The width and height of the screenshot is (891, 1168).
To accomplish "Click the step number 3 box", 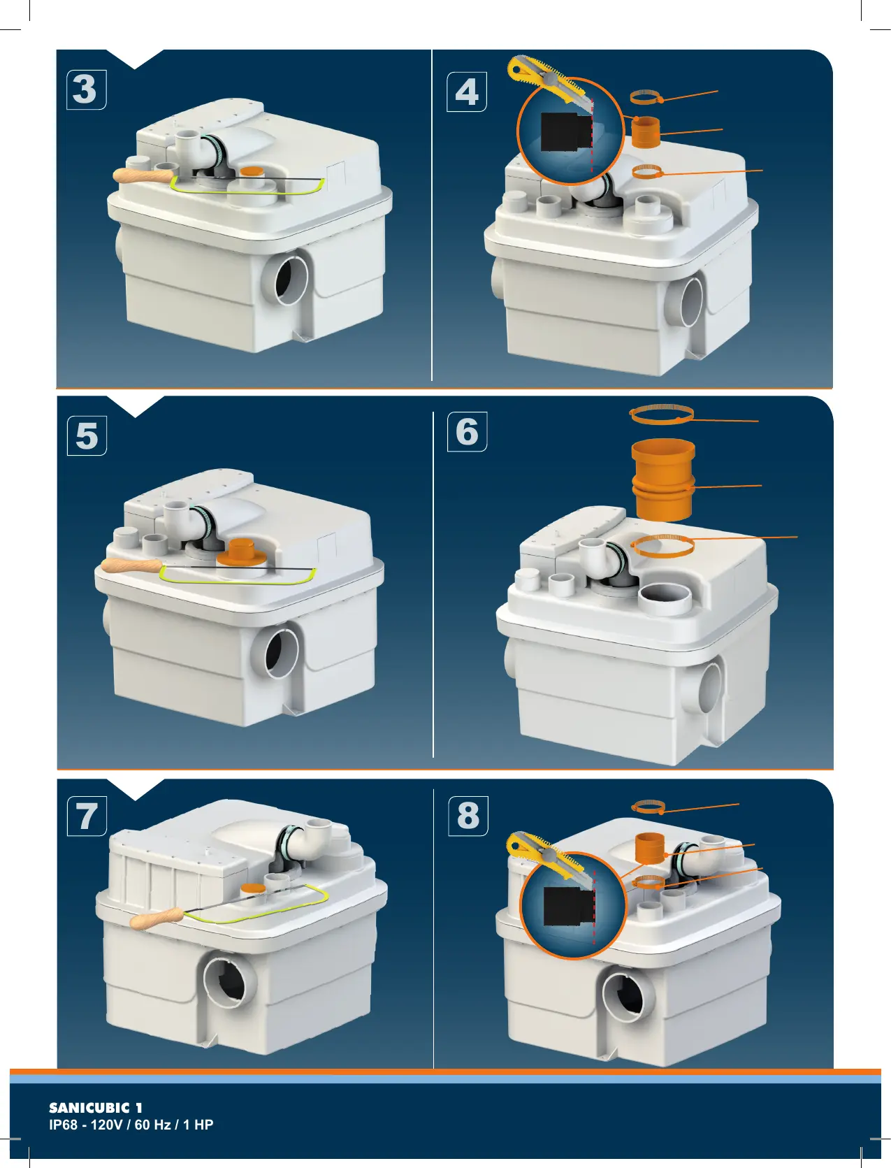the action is [86, 89].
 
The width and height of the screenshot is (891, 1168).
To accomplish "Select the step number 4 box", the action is [467, 92].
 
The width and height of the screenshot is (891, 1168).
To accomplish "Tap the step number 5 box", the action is [87, 435].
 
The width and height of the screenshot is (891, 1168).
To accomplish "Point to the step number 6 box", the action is [467, 431].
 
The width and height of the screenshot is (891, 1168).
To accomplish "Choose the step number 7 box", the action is [87, 816].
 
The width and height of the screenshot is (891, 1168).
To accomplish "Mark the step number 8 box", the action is [468, 816].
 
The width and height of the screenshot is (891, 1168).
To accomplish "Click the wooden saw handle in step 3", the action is [144, 176].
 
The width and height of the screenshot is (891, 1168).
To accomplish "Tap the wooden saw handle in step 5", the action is [131, 565].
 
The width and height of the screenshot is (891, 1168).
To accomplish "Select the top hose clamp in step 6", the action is [662, 414].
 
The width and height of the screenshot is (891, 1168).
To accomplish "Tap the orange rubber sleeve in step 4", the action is [646, 133].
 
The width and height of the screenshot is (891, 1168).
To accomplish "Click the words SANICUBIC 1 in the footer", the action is [95, 1107].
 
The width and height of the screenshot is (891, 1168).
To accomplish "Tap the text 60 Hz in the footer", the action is [152, 1125].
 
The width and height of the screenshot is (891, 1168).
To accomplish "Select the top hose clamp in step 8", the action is [649, 807].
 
